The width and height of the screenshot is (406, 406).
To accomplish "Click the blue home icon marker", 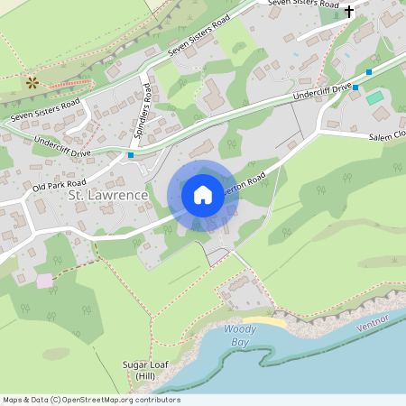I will click(x=203, y=194).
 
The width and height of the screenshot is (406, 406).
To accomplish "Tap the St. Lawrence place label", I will click(x=107, y=195).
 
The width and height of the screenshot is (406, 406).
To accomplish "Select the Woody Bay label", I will click(x=239, y=335).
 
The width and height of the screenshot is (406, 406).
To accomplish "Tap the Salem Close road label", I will click(x=386, y=135).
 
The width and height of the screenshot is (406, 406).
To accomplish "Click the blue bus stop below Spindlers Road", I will click(x=131, y=155).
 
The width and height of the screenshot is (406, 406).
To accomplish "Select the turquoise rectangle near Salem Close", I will click(x=374, y=97).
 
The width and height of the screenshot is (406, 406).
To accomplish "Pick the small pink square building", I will click(x=44, y=281).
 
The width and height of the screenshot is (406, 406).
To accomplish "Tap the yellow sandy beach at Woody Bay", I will click(x=263, y=322).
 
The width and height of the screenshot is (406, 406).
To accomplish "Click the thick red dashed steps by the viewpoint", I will click(x=68, y=83).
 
